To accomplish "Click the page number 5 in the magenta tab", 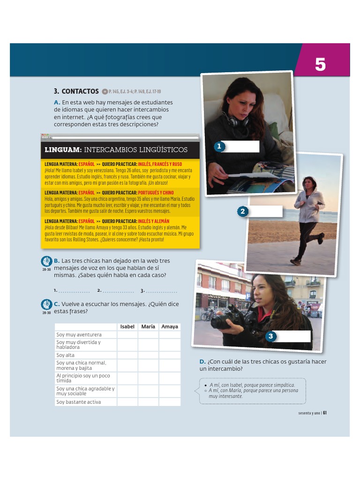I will [320, 64].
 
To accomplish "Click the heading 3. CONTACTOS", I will [76, 91].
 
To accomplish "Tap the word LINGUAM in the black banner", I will [63, 150].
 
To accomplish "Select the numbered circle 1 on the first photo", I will [218, 147].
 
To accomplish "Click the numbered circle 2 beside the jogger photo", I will [242, 211].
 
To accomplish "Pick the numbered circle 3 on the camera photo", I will [270, 336].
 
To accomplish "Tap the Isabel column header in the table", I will [127, 326].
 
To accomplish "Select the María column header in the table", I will [148, 326].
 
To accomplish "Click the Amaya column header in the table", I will [170, 326].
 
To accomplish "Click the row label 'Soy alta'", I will [66, 355].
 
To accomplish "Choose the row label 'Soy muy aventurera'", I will [79, 335].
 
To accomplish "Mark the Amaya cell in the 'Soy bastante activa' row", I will [170, 402].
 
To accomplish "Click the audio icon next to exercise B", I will [46, 262].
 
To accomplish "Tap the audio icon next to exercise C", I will [46, 305].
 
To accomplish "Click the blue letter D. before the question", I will [202, 361].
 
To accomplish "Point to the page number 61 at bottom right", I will [324, 413].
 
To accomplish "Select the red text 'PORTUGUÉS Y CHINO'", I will [156, 193].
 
